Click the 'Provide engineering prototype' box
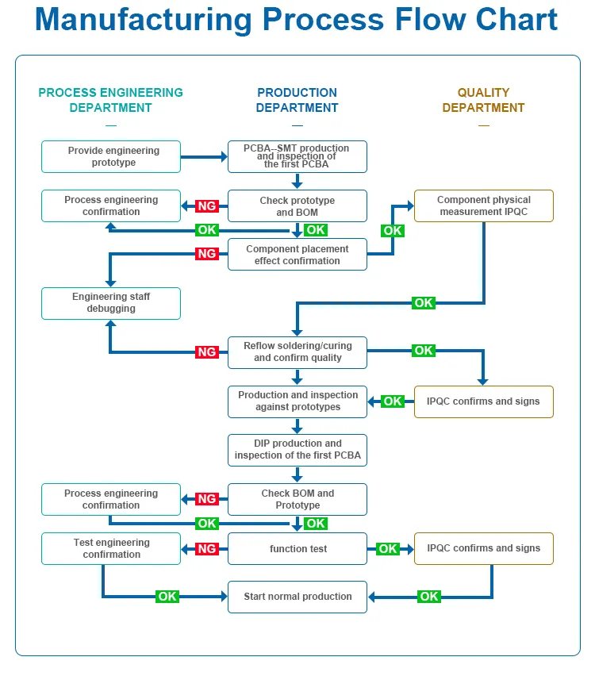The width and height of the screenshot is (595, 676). pyautogui.click(x=111, y=156)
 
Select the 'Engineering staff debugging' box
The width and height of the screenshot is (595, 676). pyautogui.click(x=111, y=304)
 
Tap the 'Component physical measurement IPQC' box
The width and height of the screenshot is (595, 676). pyautogui.click(x=484, y=206)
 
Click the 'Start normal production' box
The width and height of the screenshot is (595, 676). pyautogui.click(x=297, y=597)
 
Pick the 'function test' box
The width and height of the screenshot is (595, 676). pyautogui.click(x=297, y=549)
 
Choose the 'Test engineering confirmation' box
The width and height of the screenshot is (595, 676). pyautogui.click(x=111, y=549)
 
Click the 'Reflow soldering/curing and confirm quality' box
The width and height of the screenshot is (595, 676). pyautogui.click(x=297, y=352)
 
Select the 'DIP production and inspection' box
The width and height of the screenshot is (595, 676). pyautogui.click(x=297, y=451)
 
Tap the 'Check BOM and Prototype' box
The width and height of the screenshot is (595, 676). pyautogui.click(x=297, y=500)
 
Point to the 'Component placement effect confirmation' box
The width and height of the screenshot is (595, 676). pyautogui.click(x=297, y=255)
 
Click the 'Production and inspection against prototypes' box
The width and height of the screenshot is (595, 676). pyautogui.click(x=297, y=401)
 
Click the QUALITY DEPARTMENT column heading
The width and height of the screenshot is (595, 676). pyautogui.click(x=483, y=100)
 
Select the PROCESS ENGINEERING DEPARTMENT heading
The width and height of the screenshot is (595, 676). pyautogui.click(x=111, y=100)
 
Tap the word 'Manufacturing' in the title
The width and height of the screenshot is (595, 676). pyautogui.click(x=143, y=20)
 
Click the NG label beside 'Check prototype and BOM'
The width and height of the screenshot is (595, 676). pyautogui.click(x=207, y=206)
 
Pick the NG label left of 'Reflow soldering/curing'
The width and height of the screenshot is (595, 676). pyautogui.click(x=207, y=352)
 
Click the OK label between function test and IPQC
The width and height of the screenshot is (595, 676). pyautogui.click(x=388, y=549)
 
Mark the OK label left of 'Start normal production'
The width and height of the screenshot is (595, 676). pyautogui.click(x=167, y=597)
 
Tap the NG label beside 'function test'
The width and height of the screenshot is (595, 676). pyautogui.click(x=207, y=549)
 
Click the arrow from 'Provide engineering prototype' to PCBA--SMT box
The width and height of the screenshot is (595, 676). pyautogui.click(x=204, y=157)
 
